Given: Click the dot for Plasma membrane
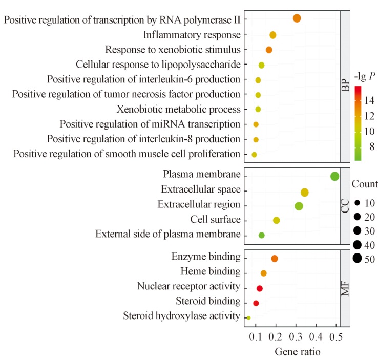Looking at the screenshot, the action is click(x=334, y=176).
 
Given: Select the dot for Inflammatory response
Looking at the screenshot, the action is click(x=272, y=35).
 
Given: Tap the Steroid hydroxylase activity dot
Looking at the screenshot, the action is click(x=248, y=318).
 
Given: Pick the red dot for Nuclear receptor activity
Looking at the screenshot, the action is click(x=260, y=288).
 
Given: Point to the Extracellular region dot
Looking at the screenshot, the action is click(x=299, y=206).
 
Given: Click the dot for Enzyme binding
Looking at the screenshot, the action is click(x=275, y=259).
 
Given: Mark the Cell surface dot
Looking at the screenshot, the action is click(x=276, y=220).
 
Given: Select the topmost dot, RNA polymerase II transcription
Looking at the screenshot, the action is click(x=297, y=18).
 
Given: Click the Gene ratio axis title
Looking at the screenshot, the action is click(x=298, y=352).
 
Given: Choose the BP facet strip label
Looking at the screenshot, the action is click(x=345, y=86).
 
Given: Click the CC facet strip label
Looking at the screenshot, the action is click(x=345, y=206).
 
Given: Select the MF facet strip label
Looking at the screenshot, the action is click(x=345, y=288).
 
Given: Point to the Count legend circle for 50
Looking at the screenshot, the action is click(x=358, y=259).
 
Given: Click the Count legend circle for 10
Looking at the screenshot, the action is click(x=358, y=203).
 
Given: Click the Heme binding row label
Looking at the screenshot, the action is click(x=211, y=271).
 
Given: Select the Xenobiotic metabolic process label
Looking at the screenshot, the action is click(x=179, y=110).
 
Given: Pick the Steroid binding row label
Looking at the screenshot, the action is click(x=208, y=301).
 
